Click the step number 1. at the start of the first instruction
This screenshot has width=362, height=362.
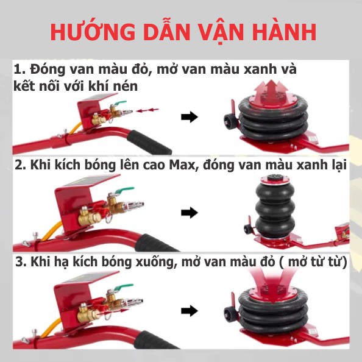point(20,69)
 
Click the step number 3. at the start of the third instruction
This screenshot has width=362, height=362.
point(20,262)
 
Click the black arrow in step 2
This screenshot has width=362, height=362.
point(190,213)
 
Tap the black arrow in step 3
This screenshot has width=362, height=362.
point(190,311)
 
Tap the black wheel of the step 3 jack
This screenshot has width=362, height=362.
point(229,314)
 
